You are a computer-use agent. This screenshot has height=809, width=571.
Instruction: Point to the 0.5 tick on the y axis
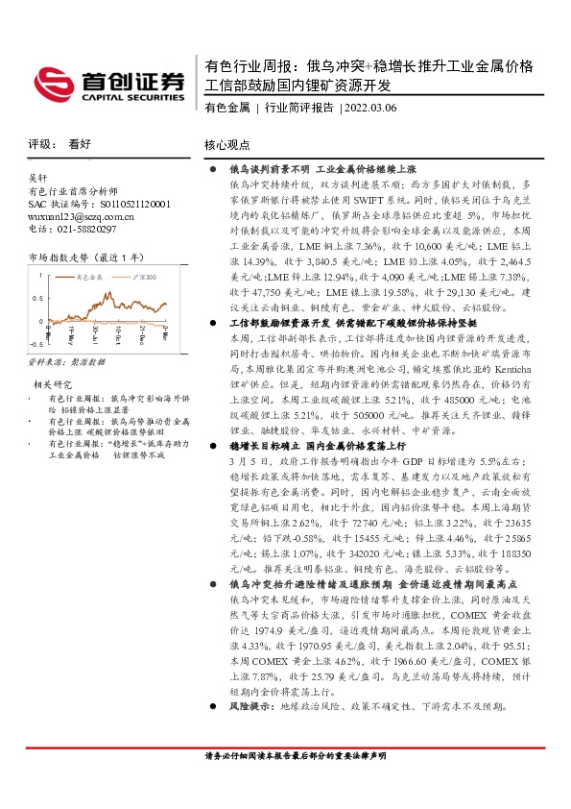pyautogui.click(x=38, y=297)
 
